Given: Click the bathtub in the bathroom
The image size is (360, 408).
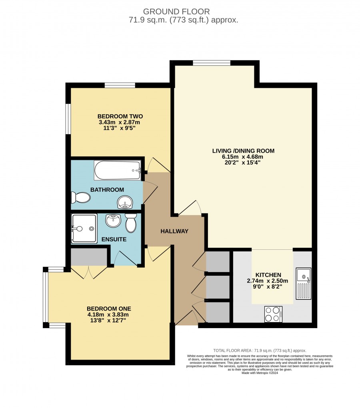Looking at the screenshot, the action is click(118, 171).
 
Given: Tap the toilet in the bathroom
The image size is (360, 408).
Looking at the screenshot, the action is click(81, 198).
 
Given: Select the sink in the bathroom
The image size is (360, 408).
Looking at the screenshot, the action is click(125, 202).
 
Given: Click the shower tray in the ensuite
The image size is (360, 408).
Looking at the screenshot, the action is click(84, 229).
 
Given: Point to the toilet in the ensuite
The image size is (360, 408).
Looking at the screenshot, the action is click(131, 223).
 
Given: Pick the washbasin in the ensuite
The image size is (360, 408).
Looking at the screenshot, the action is click(113, 221).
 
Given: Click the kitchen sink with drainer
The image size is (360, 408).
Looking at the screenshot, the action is click(304, 283).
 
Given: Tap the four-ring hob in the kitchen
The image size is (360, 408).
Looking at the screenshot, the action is click(273, 314).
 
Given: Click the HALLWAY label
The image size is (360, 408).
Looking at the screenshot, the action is click(174, 231).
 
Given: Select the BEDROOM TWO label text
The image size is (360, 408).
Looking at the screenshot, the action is click(120, 116).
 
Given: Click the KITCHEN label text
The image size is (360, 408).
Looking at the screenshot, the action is click(268, 275).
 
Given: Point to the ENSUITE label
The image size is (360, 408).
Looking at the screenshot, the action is click(114, 239).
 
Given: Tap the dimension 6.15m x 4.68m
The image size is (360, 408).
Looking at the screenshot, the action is click(242, 157).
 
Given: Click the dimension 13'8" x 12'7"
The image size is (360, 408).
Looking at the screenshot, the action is click(108, 320).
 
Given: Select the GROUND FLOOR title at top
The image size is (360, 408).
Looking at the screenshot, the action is click(176, 12).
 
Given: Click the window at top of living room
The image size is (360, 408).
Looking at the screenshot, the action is click(212, 63).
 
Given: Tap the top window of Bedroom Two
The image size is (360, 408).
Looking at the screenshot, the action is click(120, 85).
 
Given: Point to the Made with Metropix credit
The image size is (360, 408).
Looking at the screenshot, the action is click(260, 373).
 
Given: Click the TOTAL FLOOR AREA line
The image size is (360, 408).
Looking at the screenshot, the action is click(260, 350).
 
